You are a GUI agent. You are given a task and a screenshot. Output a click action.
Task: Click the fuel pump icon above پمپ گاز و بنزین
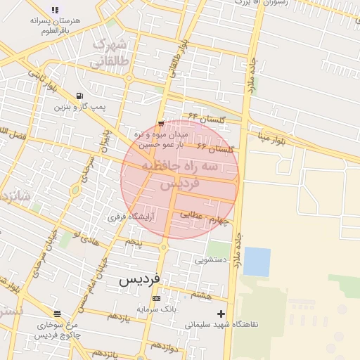point(78,96)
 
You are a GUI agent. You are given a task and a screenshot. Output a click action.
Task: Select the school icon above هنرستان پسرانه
point(55,11)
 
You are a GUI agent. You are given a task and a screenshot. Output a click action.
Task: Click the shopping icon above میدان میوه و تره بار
point(161,124)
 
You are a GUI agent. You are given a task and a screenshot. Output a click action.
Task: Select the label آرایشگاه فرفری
point(131,217)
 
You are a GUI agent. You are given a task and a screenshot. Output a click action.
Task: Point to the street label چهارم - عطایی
point(206,218)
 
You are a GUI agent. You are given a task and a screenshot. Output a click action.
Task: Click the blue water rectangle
point(257,262)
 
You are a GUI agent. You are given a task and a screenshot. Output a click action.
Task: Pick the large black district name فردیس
point(139,279)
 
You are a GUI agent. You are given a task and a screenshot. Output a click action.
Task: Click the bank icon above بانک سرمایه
point(156,299)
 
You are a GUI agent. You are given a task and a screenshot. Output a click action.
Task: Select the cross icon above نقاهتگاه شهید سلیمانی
point(221,314)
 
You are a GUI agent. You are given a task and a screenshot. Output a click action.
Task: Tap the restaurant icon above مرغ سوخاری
point(57,314)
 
